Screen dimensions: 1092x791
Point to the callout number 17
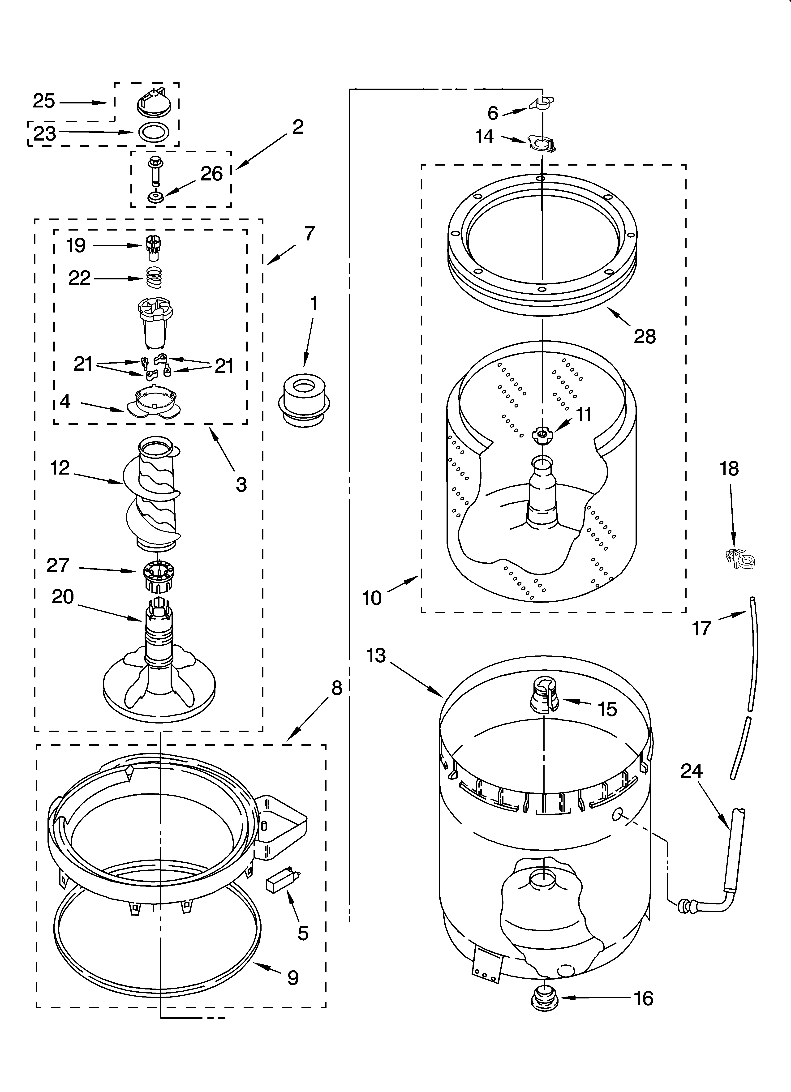coord(701,628)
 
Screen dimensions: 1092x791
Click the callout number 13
coord(376,655)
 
